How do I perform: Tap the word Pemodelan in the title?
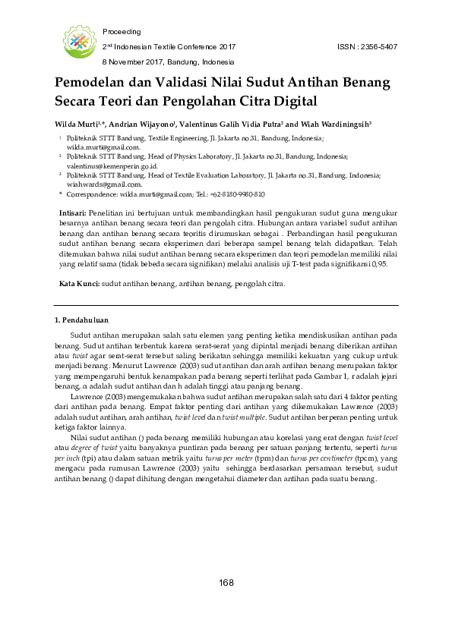coord(89,82)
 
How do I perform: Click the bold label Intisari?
coord(73,215)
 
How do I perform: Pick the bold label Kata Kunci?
coord(79,283)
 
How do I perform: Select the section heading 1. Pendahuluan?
coord(83,319)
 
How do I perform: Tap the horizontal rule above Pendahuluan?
coord(226,306)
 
